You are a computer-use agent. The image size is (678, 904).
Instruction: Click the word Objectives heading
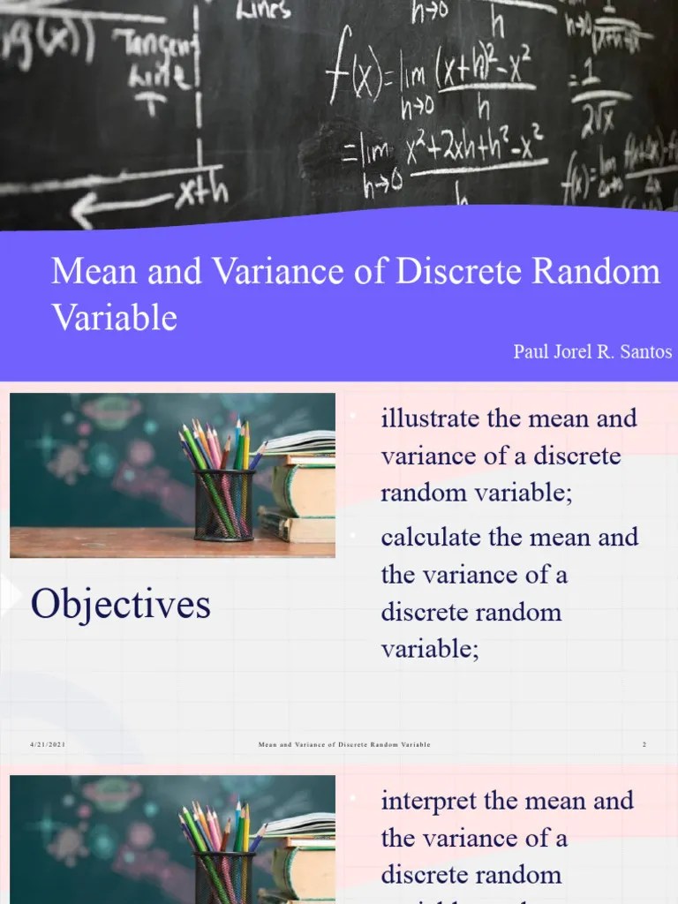pyautogui.click(x=120, y=605)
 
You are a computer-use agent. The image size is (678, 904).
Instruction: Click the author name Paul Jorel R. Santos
pyautogui.click(x=592, y=352)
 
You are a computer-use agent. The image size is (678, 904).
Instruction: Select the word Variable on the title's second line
pyautogui.click(x=114, y=317)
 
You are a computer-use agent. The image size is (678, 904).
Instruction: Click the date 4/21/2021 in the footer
pyautogui.click(x=48, y=745)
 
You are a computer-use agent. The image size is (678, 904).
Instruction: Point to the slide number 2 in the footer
pyautogui.click(x=644, y=745)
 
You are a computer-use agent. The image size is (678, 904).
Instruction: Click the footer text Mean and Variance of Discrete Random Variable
pyautogui.click(x=344, y=745)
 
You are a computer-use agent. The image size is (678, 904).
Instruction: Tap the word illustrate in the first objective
pyautogui.click(x=430, y=418)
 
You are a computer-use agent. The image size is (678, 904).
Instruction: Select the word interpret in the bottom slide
pyautogui.click(x=429, y=801)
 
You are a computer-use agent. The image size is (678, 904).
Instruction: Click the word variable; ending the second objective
pyautogui.click(x=430, y=650)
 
